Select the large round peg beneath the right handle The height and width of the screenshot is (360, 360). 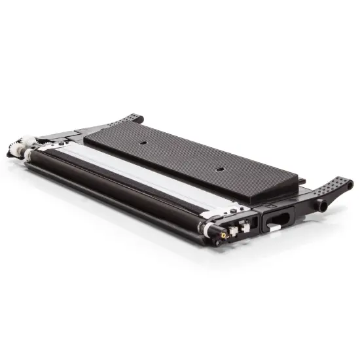[322, 204]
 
